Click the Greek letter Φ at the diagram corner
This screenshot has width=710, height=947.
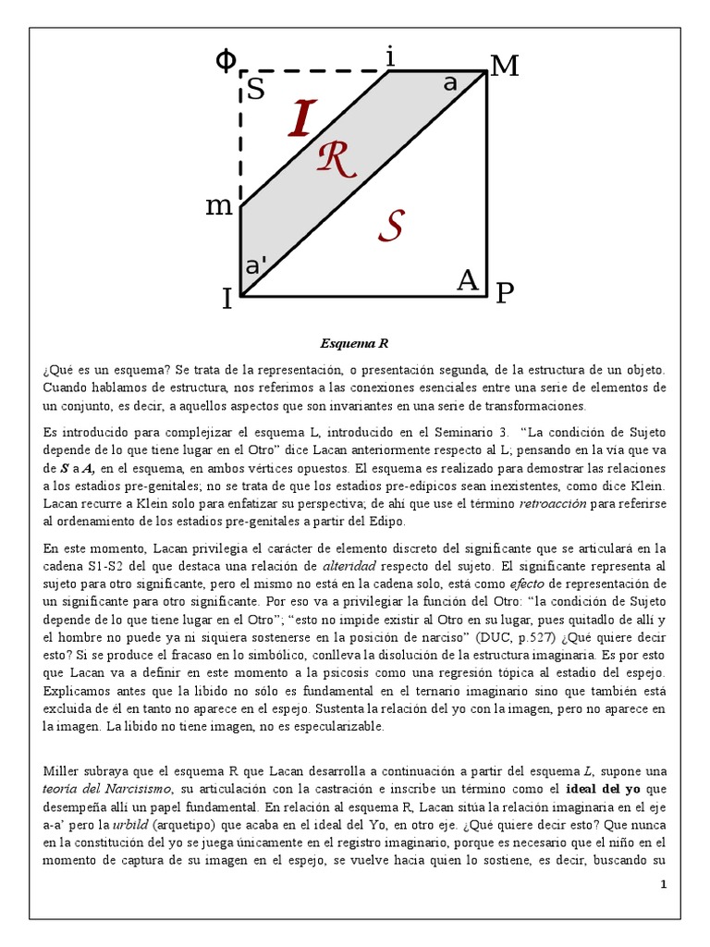point(225,60)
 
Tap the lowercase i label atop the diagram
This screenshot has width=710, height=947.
point(390,57)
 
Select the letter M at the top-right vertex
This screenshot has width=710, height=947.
point(505,67)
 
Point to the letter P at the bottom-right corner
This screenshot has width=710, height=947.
point(504,294)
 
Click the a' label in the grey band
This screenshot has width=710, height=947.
point(254,265)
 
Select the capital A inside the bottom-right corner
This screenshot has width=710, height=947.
point(469,280)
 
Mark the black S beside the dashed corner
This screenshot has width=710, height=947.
point(255,90)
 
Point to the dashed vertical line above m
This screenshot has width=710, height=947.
point(241,139)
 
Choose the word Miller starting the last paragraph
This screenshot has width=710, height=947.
point(62,771)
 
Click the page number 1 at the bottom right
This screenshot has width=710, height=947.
point(663,885)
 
